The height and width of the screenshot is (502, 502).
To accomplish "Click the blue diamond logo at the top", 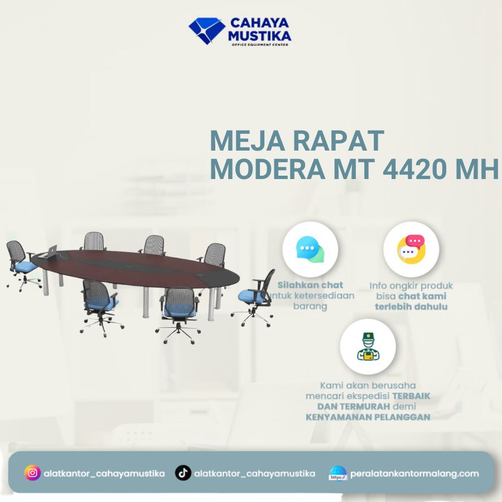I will [x=206, y=30].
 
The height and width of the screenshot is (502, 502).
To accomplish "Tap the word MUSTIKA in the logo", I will [x=260, y=36].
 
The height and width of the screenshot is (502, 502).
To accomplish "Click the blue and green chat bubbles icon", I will [x=310, y=249].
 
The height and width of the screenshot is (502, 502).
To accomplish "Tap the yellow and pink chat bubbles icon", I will [x=411, y=249].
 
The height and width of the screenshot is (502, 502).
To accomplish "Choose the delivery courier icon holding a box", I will [x=368, y=346].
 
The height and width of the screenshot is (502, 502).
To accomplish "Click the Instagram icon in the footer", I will [x=33, y=473].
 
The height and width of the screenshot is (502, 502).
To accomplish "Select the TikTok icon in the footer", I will [x=183, y=473].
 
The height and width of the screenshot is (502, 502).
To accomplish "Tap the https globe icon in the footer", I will [x=338, y=474].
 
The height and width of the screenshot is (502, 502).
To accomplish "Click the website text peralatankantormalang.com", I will [x=414, y=474].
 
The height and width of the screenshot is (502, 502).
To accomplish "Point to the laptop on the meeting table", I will [x=54, y=252].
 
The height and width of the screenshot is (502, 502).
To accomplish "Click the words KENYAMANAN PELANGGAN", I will [x=368, y=417].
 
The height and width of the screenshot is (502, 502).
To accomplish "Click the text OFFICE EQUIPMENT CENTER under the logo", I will [x=260, y=45].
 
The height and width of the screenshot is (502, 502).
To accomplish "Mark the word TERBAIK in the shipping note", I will [x=411, y=395].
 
